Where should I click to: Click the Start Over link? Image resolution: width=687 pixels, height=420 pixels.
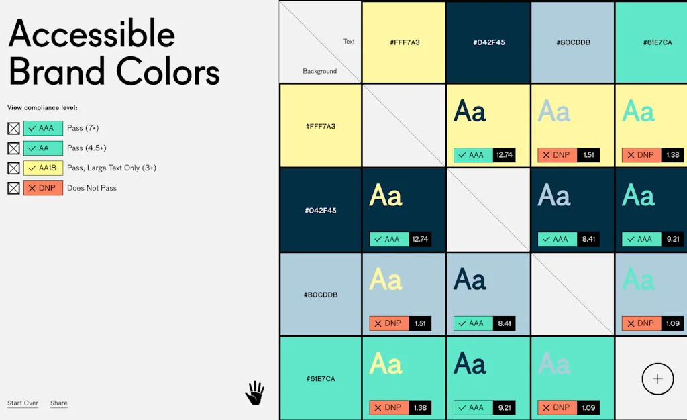(23, 403)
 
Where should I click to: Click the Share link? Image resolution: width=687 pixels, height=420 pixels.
(59, 403)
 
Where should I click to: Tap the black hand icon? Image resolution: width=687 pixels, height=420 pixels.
(254, 393)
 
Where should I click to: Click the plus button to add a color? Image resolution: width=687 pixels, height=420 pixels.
(657, 379)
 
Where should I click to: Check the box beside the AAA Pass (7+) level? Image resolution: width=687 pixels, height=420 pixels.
(13, 128)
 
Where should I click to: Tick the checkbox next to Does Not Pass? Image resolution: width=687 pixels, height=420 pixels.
(13, 188)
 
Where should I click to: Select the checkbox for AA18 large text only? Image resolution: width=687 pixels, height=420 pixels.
(13, 168)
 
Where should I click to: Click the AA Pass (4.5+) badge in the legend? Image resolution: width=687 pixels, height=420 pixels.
(43, 148)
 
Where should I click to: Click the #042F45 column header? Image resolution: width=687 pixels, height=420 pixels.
(488, 42)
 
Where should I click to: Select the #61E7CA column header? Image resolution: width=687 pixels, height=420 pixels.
(657, 42)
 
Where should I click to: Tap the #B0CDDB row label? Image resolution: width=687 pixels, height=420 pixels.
(320, 295)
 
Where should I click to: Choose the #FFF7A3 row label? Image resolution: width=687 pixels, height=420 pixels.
(320, 126)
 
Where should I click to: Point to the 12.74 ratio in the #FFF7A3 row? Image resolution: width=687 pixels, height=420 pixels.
(504, 155)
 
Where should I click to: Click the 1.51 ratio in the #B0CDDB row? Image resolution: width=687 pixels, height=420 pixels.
(420, 323)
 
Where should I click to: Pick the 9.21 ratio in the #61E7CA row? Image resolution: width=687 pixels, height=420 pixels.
(504, 407)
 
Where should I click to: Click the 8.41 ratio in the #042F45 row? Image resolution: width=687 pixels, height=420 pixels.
(588, 239)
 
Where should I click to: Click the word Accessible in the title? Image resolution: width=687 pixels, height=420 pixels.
(92, 34)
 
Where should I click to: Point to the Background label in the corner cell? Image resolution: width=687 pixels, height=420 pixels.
(319, 71)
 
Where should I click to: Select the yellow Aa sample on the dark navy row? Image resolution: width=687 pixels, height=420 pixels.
(386, 196)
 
